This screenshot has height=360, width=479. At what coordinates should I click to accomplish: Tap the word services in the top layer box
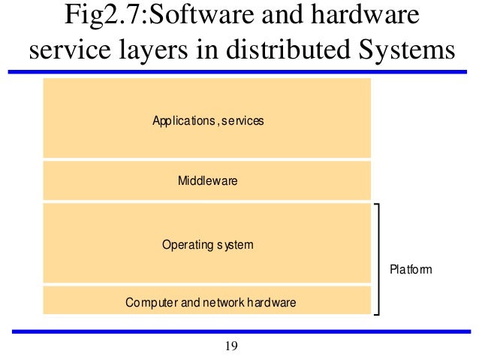pyautogui.click(x=243, y=120)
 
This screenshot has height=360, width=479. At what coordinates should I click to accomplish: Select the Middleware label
pyautogui.click(x=207, y=180)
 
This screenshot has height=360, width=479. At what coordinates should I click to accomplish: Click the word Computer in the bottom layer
pyautogui.click(x=152, y=303)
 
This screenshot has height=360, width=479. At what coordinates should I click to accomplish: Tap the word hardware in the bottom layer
pyautogui.click(x=271, y=303)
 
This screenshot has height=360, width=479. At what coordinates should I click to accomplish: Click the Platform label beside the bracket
pyautogui.click(x=411, y=268)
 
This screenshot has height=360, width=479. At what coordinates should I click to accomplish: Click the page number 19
pyautogui.click(x=231, y=346)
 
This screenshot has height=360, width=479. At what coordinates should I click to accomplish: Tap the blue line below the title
pyautogui.click(x=239, y=72)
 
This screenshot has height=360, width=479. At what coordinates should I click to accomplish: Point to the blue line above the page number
pyautogui.click(x=239, y=331)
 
